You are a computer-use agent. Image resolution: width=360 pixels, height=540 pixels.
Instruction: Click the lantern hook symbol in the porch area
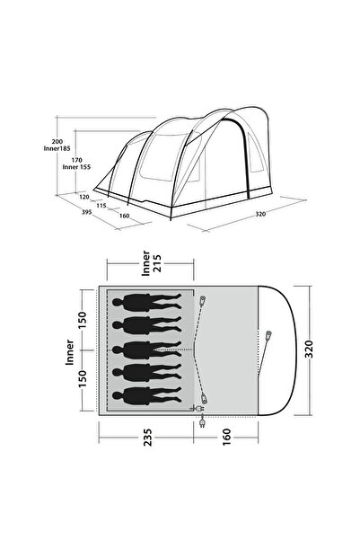point(268,337)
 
